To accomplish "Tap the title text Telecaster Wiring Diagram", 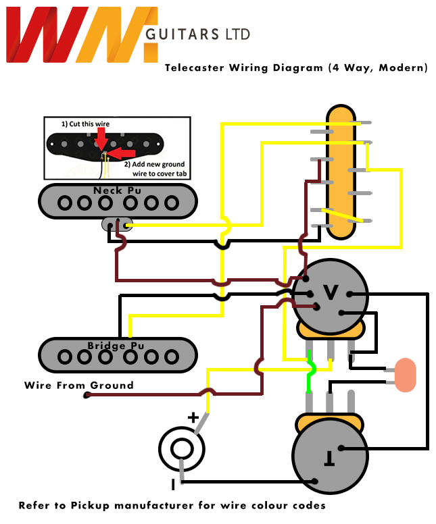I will click(x=244, y=68).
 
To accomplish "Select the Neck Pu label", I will click(x=117, y=190).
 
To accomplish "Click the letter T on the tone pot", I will click(x=329, y=459).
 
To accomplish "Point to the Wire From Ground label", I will click(x=78, y=386).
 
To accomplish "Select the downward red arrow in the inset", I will click(x=100, y=138).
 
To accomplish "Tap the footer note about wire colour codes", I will click(x=172, y=505).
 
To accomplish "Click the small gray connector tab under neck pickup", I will click(x=118, y=224).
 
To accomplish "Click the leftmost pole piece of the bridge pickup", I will click(x=66, y=356).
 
